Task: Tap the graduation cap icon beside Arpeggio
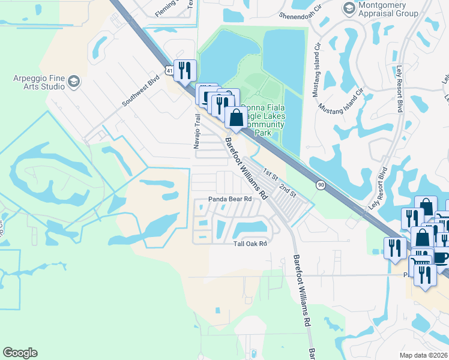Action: pos(74,82)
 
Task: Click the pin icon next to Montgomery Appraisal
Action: pos(349,8)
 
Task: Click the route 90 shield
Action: pos(321,185)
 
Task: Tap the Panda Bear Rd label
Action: pos(229,199)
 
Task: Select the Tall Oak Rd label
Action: pos(249,243)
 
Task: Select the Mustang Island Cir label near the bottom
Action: pos(341,101)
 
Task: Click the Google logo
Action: pos(20,353)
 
